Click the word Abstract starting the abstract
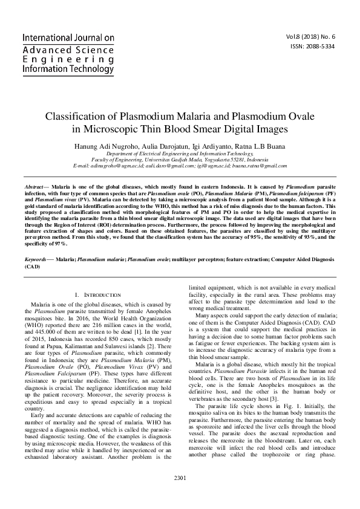tap(33, 189)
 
